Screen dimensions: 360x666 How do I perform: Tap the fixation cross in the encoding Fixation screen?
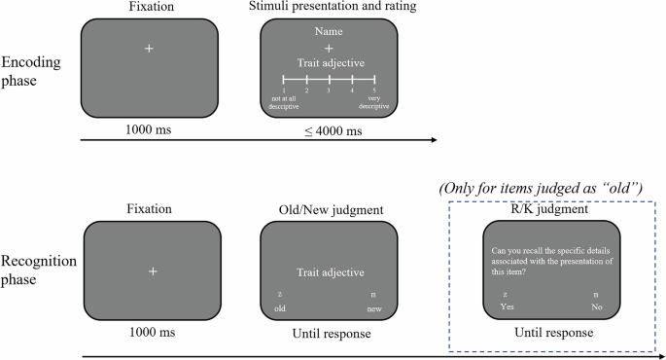[149, 48]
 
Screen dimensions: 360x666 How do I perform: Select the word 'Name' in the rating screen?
[329, 32]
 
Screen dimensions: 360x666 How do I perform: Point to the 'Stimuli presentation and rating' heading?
[329, 8]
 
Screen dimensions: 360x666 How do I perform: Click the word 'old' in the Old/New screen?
[280, 308]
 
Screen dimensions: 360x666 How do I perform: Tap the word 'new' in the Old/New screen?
[374, 308]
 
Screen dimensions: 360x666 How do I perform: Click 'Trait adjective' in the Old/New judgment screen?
[329, 272]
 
